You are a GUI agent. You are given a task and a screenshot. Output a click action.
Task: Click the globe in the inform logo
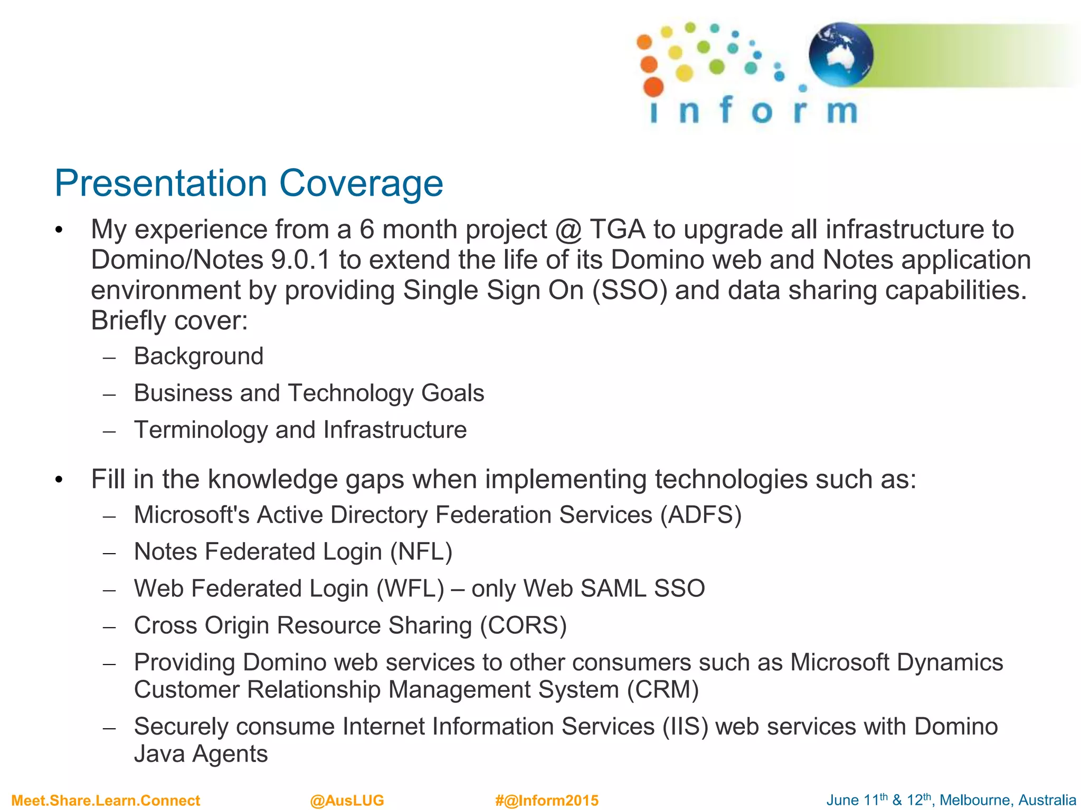tap(841, 54)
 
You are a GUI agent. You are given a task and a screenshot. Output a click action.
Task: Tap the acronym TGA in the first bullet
tap(617, 229)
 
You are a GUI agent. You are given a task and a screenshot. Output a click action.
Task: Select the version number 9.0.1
tap(300, 260)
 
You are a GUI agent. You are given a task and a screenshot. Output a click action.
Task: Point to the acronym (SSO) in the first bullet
tap(630, 291)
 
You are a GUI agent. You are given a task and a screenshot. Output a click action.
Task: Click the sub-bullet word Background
tap(198, 356)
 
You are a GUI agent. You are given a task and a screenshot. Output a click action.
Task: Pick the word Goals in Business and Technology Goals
tap(452, 393)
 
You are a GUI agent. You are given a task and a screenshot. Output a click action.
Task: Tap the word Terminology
tap(201, 430)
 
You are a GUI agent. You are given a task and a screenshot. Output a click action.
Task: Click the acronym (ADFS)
tap(700, 515)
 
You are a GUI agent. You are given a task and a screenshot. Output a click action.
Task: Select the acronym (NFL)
tap(421, 552)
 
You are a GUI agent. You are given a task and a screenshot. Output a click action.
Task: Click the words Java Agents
tap(201, 754)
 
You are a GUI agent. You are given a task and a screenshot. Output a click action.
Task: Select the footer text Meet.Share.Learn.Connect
tap(106, 801)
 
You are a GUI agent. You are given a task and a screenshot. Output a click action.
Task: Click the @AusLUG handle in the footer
tap(347, 801)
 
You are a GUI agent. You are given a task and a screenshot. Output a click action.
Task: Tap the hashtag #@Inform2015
tap(546, 801)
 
